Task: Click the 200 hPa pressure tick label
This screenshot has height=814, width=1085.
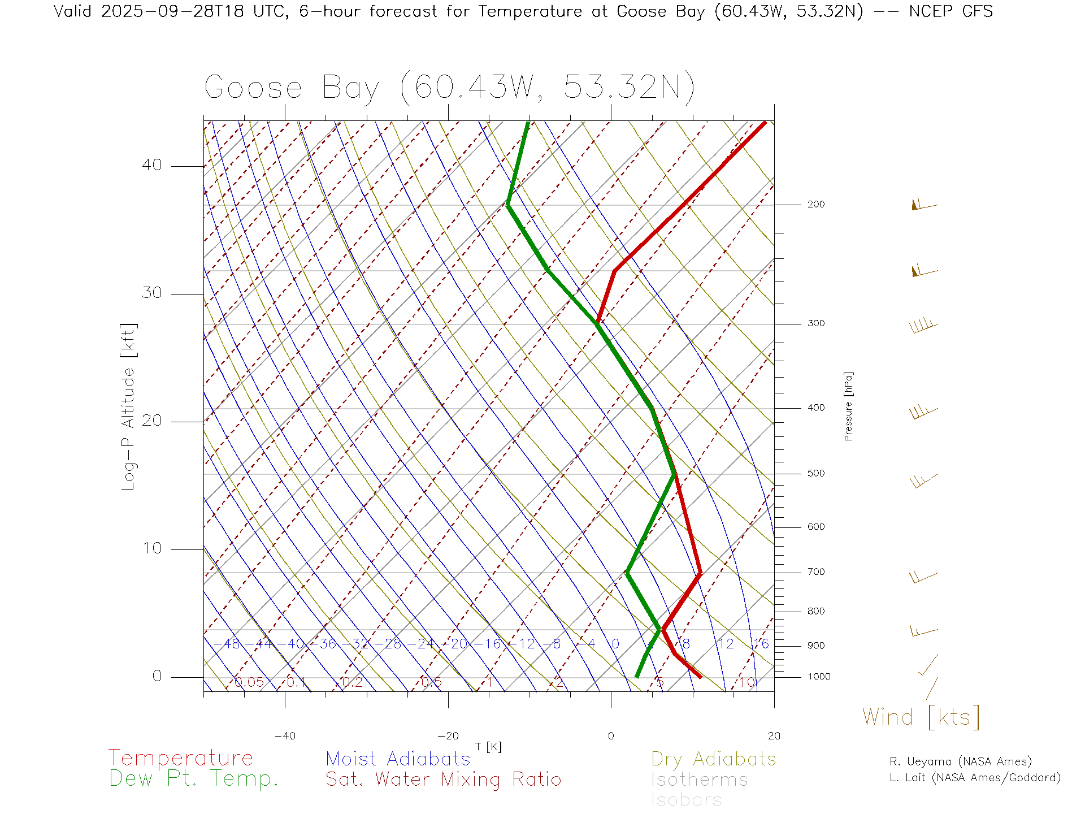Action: [x=816, y=205]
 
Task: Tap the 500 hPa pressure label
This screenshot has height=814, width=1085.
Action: [x=816, y=474]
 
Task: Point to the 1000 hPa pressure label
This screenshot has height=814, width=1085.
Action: [x=819, y=677]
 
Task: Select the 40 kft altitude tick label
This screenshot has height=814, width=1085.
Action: [x=151, y=165]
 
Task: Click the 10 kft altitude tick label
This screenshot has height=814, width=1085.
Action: [x=151, y=548]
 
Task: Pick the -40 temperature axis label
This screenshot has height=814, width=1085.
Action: [x=285, y=736]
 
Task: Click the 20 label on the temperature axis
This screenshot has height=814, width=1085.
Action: [x=774, y=736]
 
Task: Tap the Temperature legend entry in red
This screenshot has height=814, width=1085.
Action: [x=181, y=758]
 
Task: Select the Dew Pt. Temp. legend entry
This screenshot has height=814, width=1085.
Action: [x=194, y=779]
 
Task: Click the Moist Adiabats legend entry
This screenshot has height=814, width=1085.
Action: [x=398, y=759]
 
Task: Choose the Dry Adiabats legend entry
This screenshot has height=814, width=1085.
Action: [x=714, y=759]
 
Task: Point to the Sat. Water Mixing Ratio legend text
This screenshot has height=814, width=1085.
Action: [x=443, y=780]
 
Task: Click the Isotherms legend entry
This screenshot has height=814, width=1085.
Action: [x=700, y=780]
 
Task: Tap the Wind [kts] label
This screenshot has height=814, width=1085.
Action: [x=921, y=717]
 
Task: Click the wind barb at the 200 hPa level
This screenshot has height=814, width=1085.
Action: [x=924, y=205]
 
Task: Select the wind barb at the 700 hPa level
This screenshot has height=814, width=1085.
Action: [x=923, y=577]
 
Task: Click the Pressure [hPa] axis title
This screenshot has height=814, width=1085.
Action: [x=848, y=406]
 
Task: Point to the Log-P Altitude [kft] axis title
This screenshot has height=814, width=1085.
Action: [x=129, y=407]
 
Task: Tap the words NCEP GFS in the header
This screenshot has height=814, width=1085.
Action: [x=951, y=11]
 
